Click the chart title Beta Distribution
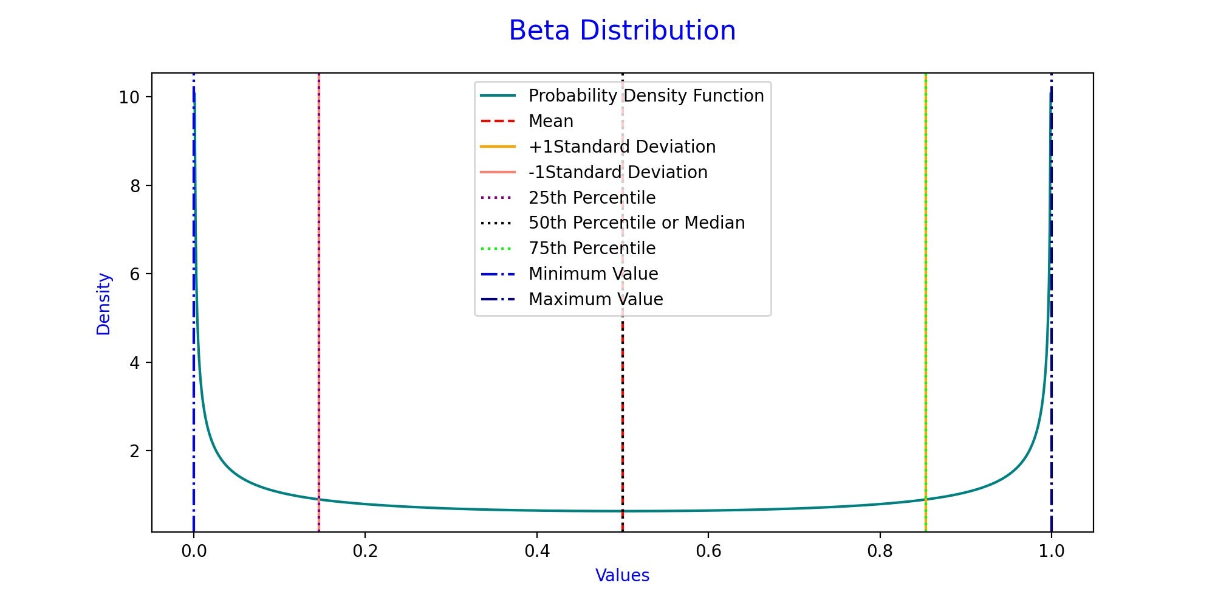[622, 30]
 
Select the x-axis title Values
[622, 575]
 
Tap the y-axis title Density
[104, 303]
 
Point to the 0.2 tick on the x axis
[365, 551]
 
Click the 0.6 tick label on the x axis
[708, 551]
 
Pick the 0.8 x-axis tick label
[880, 551]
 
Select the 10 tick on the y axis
[129, 97]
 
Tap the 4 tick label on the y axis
[135, 363]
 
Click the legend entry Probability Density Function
[646, 96]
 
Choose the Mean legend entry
[550, 122]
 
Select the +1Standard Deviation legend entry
[621, 147]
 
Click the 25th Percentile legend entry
[592, 198]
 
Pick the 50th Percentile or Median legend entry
[636, 223]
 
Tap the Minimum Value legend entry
[593, 274]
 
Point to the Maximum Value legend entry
[595, 300]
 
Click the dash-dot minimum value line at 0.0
[193, 365]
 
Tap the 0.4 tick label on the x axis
[537, 551]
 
